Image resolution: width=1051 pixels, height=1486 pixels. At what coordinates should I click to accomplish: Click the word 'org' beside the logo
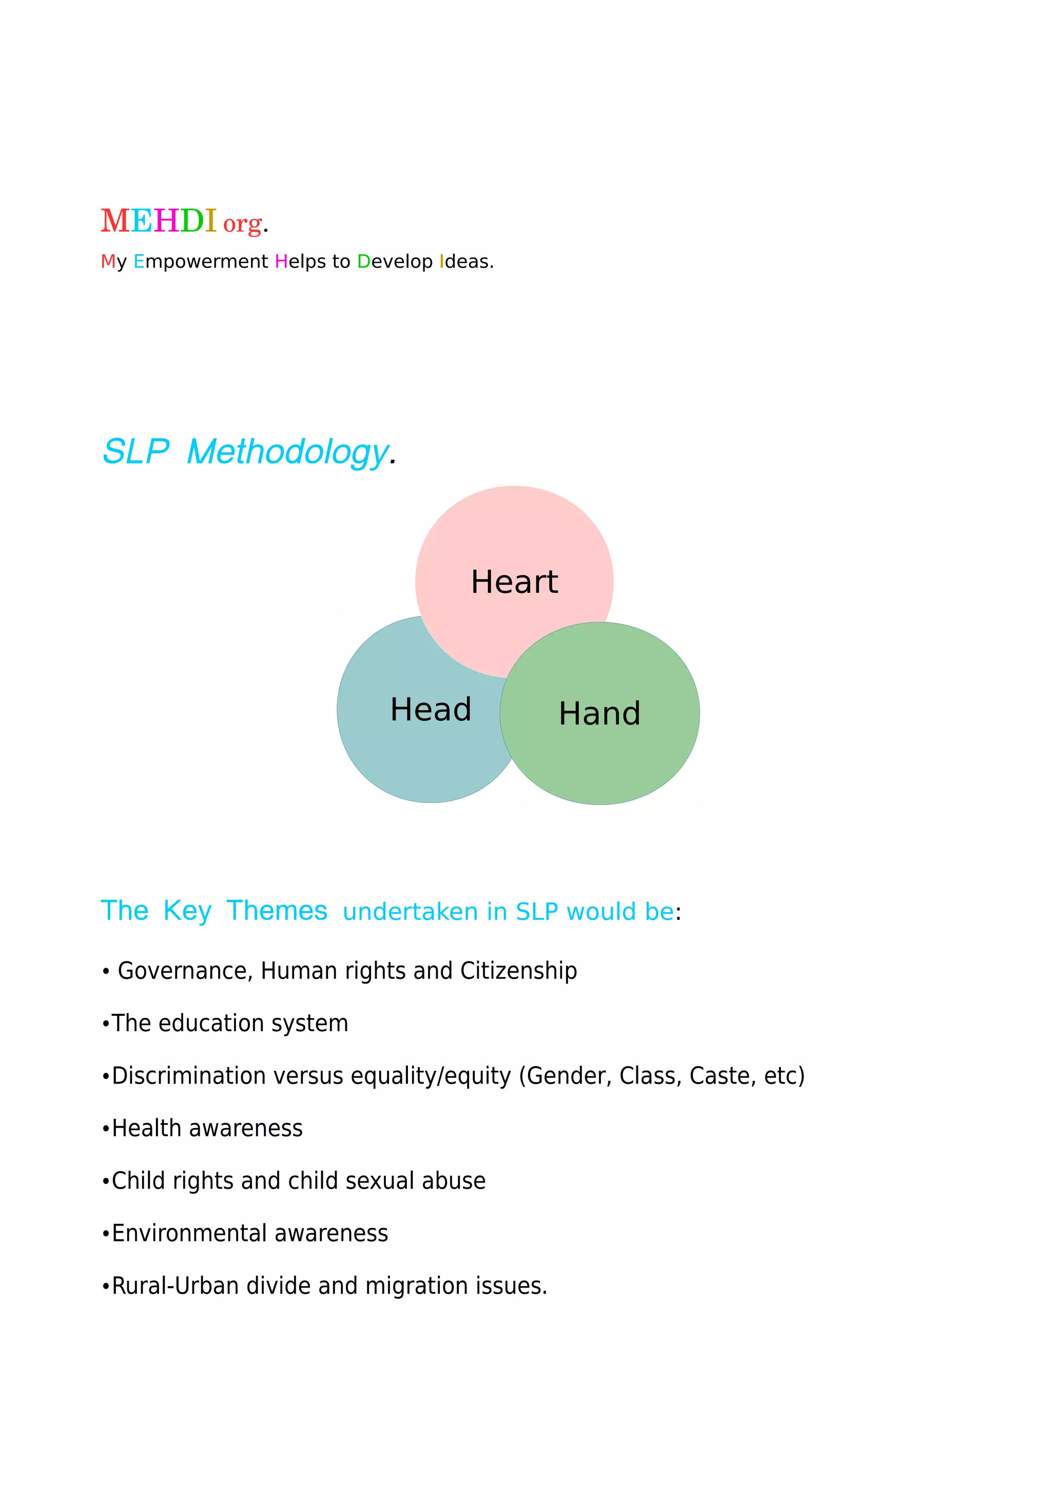point(243,224)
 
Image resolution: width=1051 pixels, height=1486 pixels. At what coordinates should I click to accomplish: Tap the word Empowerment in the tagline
point(200,262)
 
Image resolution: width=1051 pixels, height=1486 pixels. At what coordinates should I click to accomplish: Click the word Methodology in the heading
point(288,452)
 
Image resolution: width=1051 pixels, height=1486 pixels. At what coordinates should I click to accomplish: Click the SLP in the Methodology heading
point(136,451)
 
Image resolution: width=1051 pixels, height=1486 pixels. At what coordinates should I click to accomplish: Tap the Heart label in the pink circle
point(514,582)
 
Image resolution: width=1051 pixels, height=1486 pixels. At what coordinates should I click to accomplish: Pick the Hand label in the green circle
point(599,714)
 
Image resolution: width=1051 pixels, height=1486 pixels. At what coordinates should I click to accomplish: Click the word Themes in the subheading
point(277,911)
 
